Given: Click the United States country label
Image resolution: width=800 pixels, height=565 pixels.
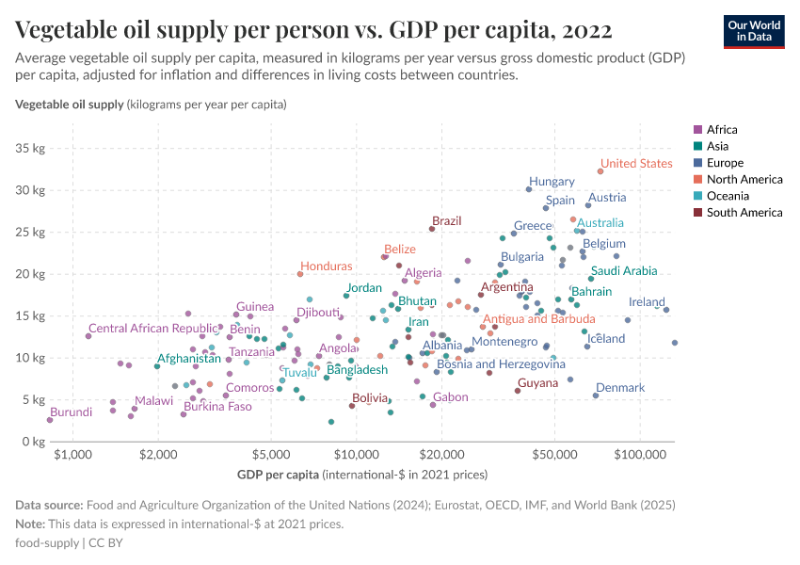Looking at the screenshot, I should [x=636, y=163].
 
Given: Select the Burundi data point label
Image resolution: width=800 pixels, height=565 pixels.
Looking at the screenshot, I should [x=71, y=412].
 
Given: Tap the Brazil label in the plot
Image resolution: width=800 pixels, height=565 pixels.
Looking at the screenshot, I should [x=447, y=221].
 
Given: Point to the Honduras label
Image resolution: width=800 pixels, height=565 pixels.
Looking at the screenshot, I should [x=327, y=266].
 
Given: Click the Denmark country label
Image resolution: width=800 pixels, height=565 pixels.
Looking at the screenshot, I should [x=620, y=388].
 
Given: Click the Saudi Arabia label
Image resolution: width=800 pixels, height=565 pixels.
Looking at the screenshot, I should [x=624, y=271].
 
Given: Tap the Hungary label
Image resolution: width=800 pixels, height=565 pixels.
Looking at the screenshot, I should [x=552, y=182].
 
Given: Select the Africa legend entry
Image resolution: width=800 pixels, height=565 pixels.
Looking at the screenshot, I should [x=722, y=130].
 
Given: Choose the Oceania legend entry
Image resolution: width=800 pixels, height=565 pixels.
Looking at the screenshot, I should [x=728, y=196].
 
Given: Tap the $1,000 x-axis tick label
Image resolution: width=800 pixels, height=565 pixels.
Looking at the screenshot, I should [x=72, y=455].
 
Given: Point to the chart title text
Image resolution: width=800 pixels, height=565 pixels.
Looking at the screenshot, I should [x=313, y=30].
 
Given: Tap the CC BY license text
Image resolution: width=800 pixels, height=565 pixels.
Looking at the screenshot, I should [x=107, y=543].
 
